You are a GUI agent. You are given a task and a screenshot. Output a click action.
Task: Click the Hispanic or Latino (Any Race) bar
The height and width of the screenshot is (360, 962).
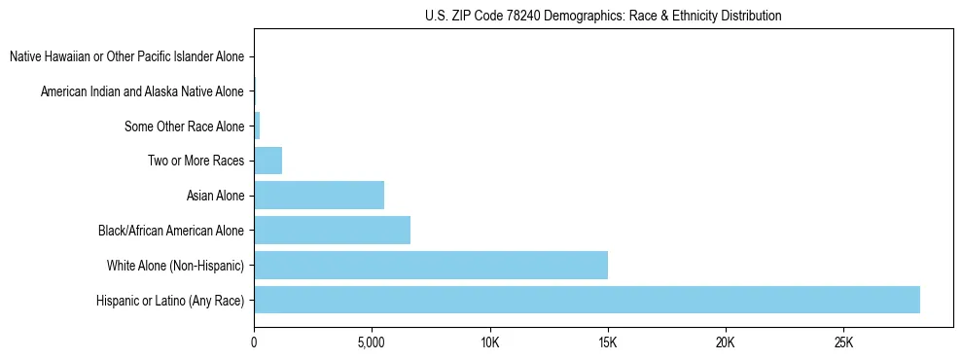(x=587, y=300)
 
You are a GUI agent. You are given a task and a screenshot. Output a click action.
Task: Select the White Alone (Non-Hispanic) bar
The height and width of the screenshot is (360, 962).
(x=431, y=265)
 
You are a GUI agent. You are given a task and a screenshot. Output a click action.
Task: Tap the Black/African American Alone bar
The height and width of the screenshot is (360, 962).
(x=332, y=231)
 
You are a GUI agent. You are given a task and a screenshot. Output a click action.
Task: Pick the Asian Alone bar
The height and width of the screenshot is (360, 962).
(x=319, y=196)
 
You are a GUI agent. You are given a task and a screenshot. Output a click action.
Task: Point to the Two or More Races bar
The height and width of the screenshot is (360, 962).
(x=267, y=161)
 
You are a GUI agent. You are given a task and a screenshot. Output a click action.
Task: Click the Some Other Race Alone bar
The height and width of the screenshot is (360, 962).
(x=257, y=126)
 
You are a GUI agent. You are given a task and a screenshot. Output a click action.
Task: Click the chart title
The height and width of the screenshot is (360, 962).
(x=603, y=16)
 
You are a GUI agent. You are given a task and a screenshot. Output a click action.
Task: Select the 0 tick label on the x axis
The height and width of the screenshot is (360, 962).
(x=254, y=343)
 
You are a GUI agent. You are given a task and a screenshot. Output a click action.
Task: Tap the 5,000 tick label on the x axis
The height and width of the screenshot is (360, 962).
(x=372, y=343)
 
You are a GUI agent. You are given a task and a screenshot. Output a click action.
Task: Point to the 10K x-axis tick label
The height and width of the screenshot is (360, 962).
(x=489, y=343)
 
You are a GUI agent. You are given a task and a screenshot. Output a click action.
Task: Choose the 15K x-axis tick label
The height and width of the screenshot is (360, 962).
(x=608, y=343)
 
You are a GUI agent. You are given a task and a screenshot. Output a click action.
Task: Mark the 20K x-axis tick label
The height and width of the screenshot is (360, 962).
(x=726, y=343)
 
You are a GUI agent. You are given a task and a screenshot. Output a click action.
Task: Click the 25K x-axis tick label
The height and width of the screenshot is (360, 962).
(x=843, y=343)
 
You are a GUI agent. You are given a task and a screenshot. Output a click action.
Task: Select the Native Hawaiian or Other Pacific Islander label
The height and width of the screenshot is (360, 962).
(x=126, y=57)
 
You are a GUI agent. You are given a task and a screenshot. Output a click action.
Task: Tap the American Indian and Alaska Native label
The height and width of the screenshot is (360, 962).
(x=142, y=91)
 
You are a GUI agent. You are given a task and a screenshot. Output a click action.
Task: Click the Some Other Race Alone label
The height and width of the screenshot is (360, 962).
(x=184, y=126)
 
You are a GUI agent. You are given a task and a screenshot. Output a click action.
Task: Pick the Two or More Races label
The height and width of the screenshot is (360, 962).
(x=196, y=161)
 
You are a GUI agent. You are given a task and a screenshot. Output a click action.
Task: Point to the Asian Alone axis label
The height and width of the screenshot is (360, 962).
(x=215, y=196)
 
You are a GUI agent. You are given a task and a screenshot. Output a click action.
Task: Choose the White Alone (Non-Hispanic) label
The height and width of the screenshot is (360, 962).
(x=175, y=265)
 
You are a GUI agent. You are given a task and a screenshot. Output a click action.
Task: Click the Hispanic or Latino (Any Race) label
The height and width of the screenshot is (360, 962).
(x=170, y=300)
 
